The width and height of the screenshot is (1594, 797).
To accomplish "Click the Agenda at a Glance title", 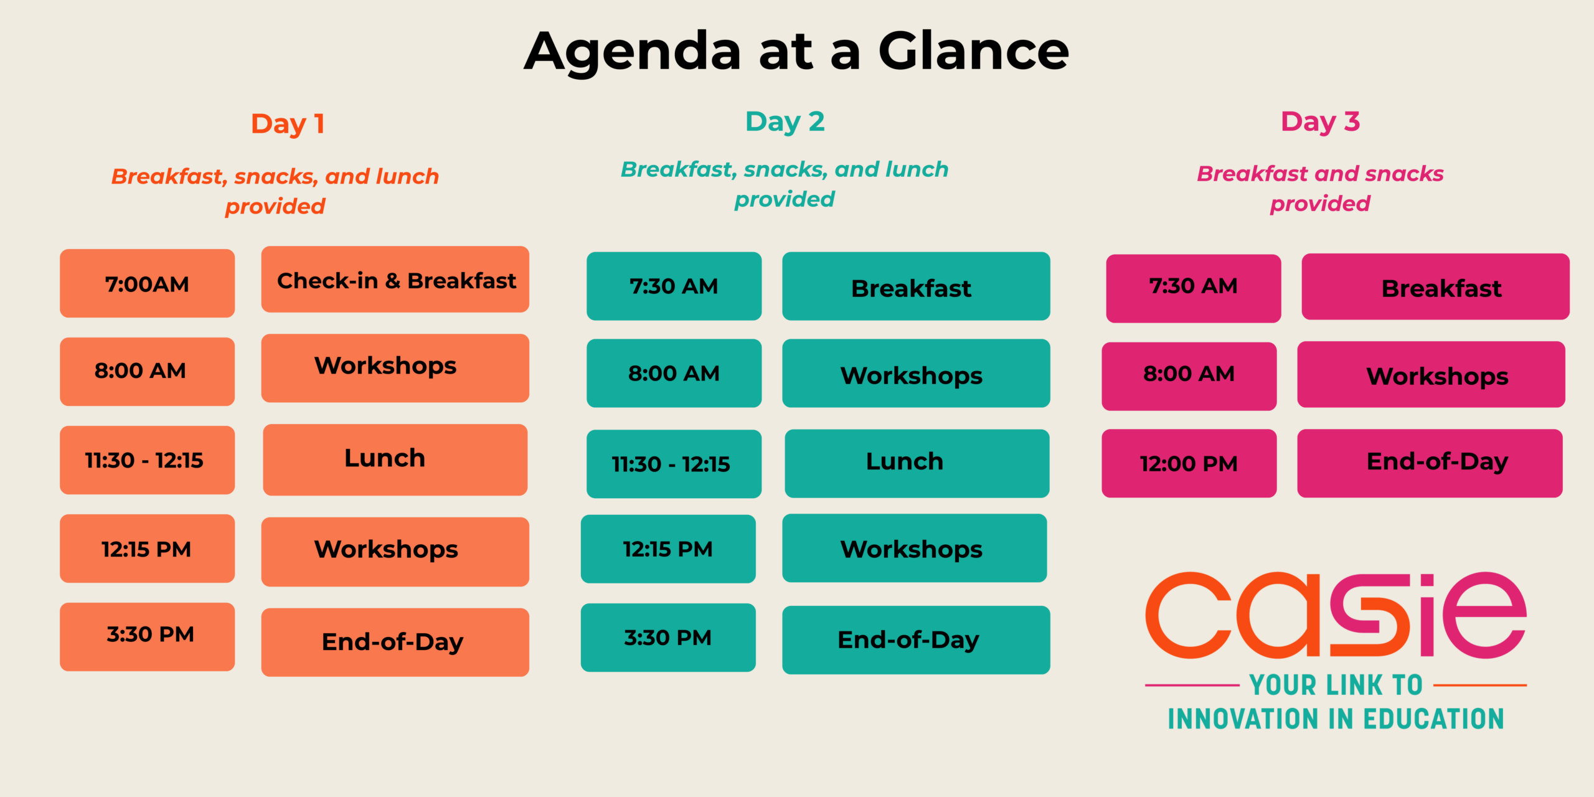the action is click(x=796, y=52).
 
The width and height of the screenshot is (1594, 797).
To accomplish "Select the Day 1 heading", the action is click(x=288, y=124).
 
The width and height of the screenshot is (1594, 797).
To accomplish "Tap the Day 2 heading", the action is click(x=785, y=121).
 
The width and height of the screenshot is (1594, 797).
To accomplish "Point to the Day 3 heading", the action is click(x=1320, y=121).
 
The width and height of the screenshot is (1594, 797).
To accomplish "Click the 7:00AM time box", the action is click(x=147, y=283).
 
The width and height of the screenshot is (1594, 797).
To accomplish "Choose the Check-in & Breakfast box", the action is click(x=395, y=280).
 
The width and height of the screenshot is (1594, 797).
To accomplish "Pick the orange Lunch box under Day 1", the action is click(x=395, y=460).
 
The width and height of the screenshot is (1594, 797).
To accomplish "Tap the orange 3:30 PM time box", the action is click(x=147, y=636).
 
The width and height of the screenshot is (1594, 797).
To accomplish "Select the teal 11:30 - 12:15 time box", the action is click(x=674, y=464).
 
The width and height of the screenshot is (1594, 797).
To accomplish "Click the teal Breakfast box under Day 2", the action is click(x=916, y=286).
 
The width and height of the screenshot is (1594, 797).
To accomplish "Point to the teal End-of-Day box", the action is click(x=916, y=640).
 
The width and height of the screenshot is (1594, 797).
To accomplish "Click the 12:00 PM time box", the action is click(x=1189, y=463).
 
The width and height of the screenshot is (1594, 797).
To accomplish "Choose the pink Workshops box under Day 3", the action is click(x=1431, y=374).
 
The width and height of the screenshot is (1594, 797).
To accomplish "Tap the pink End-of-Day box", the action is click(x=1430, y=463).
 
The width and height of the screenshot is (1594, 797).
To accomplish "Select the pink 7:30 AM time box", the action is click(x=1193, y=288).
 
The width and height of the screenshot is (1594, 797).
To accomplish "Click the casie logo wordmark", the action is click(x=1336, y=615).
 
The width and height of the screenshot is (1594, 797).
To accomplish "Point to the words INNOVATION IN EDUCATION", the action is click(x=1336, y=719).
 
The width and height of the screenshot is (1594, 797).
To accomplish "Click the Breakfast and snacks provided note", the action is click(x=1320, y=189).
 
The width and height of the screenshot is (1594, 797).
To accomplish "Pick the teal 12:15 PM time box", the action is click(x=668, y=549).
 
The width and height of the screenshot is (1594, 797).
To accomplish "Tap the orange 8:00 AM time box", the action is click(x=147, y=372).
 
